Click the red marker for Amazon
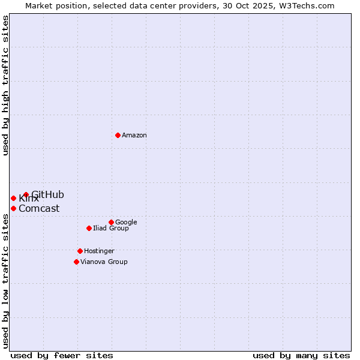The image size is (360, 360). [x=118, y=135]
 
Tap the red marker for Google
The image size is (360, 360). [x=111, y=222]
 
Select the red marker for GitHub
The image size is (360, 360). [x=26, y=194]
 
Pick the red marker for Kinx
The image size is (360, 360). [x=13, y=198]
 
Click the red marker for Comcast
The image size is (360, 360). [x=13, y=208]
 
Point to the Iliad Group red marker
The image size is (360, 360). [x=89, y=228]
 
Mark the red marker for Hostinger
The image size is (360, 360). [x=80, y=251]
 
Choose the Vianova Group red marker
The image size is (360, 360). [x=76, y=262]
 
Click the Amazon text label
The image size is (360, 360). [x=134, y=135]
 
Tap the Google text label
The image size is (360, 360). [x=126, y=222]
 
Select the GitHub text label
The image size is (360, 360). [x=47, y=194]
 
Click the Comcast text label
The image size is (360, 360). [x=39, y=209]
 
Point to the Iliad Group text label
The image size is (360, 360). [x=111, y=228]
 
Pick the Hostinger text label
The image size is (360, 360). [x=99, y=251]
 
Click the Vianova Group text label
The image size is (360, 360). [x=104, y=262]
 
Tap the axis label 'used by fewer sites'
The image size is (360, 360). [x=62, y=355]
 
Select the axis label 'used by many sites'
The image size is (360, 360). [x=301, y=355]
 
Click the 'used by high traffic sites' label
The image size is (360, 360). [x=5, y=85]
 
